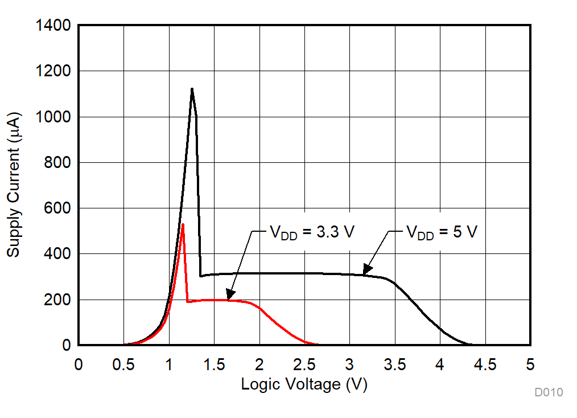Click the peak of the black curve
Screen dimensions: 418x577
tap(192, 89)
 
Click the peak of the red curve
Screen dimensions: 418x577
tap(183, 224)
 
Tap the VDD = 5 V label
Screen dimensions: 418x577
tap(442, 232)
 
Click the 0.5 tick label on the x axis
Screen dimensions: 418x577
tap(123, 364)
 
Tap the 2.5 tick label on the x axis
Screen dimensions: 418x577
tap(304, 364)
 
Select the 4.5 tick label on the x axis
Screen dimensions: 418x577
tap(485, 364)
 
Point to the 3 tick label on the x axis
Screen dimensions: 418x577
tap(349, 364)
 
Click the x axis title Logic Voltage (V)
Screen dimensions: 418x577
tap(304, 384)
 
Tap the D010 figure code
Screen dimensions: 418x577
tap(549, 392)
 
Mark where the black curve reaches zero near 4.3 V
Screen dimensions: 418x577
tap(470, 344)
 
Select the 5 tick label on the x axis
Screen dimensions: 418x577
tap(530, 364)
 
